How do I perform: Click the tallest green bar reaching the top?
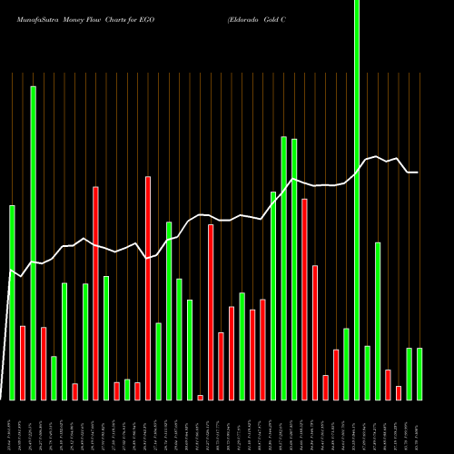(x=357, y=200)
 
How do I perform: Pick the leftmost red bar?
(x=23, y=362)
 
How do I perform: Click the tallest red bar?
(x=95, y=292)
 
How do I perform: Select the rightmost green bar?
(x=419, y=373)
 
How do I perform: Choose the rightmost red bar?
(x=399, y=392)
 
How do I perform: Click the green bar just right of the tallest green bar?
(x=367, y=372)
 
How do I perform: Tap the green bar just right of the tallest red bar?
(x=106, y=337)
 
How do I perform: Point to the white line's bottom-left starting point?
(x=2, y=399)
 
